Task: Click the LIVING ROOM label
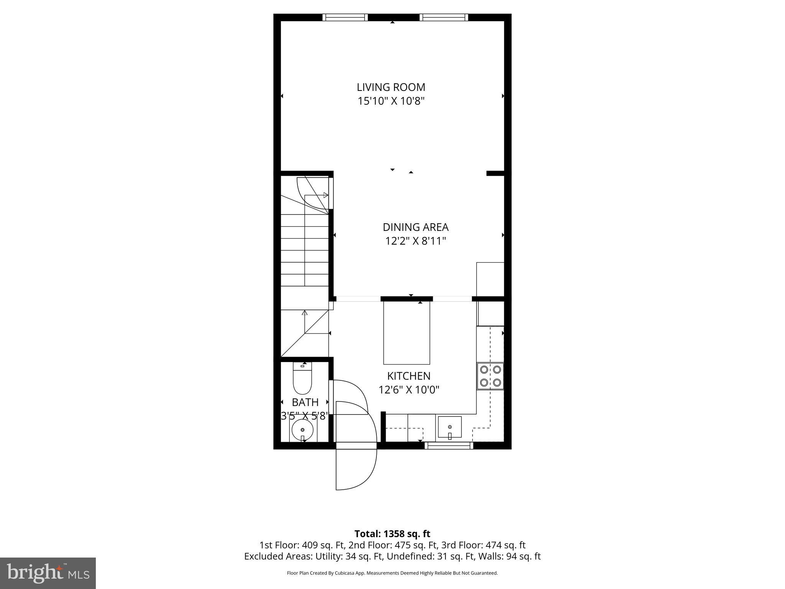(x=391, y=87)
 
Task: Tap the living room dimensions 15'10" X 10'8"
(x=391, y=101)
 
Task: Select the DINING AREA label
(x=415, y=227)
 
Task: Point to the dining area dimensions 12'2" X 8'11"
(x=415, y=241)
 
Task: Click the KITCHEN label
(x=409, y=376)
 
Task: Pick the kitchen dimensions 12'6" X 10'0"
(x=409, y=390)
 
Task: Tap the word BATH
(x=305, y=402)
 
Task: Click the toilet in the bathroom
(x=302, y=379)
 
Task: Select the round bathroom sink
(x=302, y=430)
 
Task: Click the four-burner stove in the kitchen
(x=490, y=376)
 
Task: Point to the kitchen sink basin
(x=450, y=427)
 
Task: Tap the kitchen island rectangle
(x=407, y=333)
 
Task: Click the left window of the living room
(x=345, y=17)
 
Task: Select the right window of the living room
(x=444, y=17)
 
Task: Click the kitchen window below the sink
(x=449, y=445)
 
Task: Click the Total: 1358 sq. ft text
(x=392, y=534)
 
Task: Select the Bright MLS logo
(x=48, y=573)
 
